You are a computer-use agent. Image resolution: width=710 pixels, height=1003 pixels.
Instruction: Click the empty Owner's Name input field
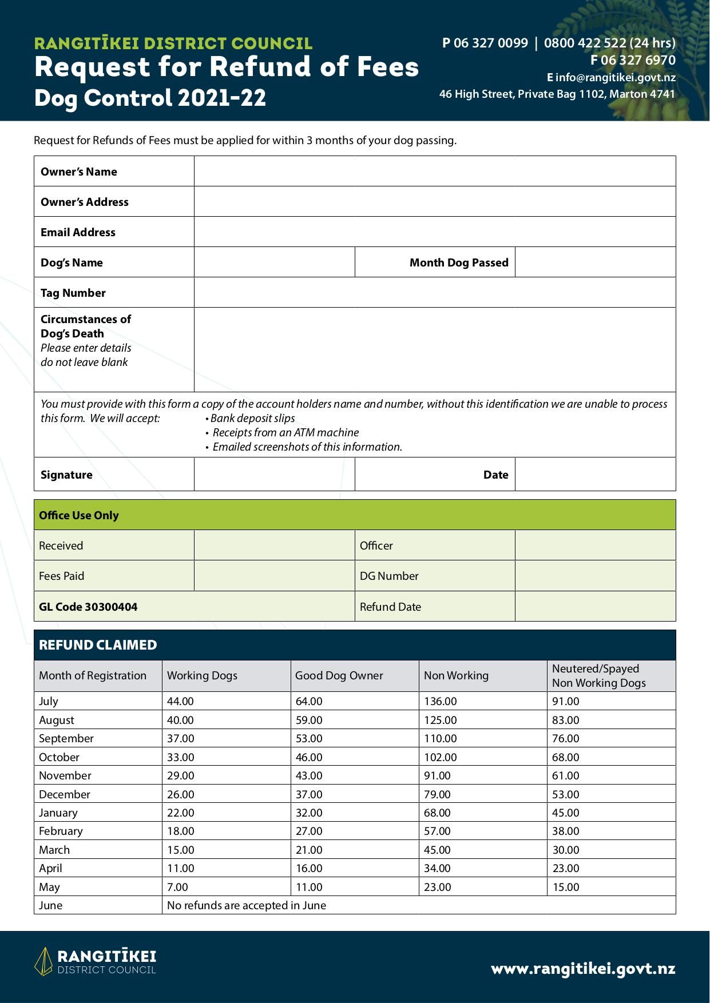coord(435,171)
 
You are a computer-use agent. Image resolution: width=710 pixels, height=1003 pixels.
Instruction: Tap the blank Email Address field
coord(435,232)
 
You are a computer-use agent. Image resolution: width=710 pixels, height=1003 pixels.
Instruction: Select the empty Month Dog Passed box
coord(595,262)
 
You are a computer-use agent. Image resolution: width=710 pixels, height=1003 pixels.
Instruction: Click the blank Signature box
coord(274,474)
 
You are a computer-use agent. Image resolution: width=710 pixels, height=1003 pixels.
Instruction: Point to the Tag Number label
coord(73,293)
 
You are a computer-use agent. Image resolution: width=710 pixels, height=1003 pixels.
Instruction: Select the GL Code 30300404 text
coord(88,607)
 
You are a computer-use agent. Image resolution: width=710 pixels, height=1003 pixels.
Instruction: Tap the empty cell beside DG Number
coord(595,576)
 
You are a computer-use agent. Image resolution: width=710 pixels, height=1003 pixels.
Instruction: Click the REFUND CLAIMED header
coord(98,645)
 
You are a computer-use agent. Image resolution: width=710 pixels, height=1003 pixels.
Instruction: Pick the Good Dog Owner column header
coord(339,675)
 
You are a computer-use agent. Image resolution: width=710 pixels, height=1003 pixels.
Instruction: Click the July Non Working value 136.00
coord(440,701)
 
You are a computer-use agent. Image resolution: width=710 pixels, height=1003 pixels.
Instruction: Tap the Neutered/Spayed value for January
coord(565,813)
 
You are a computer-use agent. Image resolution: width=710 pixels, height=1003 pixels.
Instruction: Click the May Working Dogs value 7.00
coord(177,887)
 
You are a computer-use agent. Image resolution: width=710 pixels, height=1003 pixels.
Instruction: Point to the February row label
coord(61,831)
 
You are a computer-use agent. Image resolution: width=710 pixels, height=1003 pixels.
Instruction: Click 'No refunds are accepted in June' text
coord(246,905)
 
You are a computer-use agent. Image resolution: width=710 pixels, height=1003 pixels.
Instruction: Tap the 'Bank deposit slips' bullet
coord(252,418)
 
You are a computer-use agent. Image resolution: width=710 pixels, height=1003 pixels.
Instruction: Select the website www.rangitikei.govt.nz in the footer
coord(583,969)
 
